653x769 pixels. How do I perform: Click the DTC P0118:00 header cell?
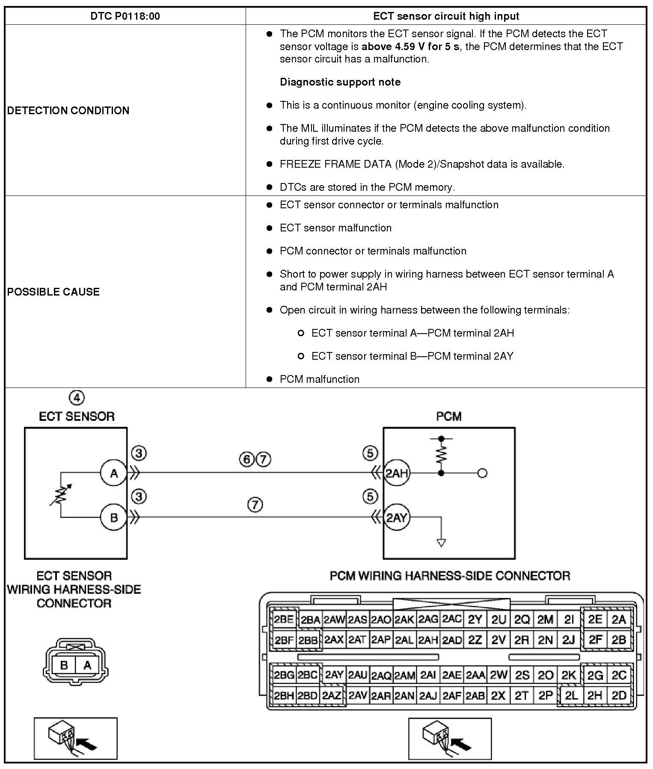click(x=125, y=16)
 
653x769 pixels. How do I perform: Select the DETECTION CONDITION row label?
click(x=68, y=110)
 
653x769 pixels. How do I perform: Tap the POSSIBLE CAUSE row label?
click(x=53, y=292)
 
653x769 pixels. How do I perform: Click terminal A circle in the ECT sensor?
click(x=114, y=473)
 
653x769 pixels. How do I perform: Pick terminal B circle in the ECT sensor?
click(x=114, y=518)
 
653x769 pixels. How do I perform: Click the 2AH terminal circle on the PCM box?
click(x=397, y=473)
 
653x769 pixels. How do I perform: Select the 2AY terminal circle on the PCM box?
click(x=397, y=518)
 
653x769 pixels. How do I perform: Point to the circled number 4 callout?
click(x=77, y=398)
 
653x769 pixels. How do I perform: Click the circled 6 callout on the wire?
click(x=246, y=459)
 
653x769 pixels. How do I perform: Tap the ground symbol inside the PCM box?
click(x=441, y=542)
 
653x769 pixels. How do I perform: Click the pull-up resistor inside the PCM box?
click(x=441, y=454)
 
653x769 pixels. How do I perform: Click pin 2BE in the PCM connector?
click(x=284, y=620)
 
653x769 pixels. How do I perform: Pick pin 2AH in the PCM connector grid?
click(x=428, y=640)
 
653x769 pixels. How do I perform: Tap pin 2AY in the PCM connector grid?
click(x=334, y=675)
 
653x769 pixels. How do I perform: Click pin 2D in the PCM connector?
click(x=619, y=695)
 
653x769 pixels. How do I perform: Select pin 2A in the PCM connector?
click(x=619, y=620)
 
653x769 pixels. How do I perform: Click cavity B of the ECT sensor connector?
click(x=64, y=665)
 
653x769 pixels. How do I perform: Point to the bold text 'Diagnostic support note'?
click(x=340, y=82)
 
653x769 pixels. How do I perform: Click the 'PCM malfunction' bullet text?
click(x=320, y=379)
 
